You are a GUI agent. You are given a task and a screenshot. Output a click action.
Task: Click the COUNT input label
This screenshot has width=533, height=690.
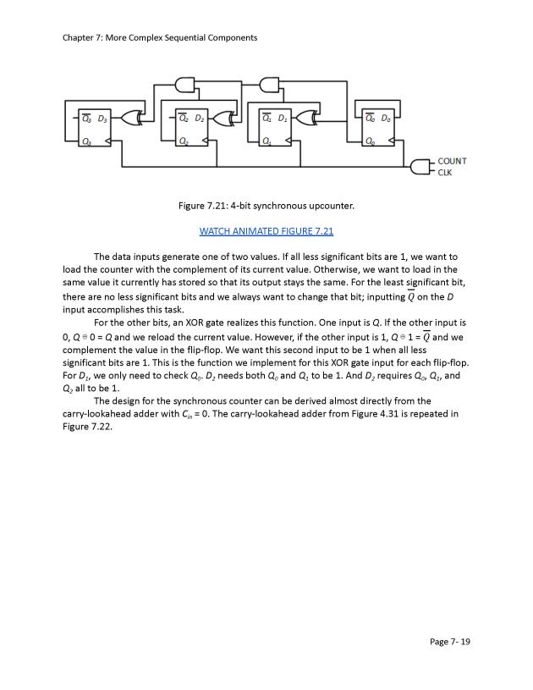pos(452,161)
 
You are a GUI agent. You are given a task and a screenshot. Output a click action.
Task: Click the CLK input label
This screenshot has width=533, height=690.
pos(445,172)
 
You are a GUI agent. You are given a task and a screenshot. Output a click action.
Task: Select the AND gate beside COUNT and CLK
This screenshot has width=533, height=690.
pos(419,167)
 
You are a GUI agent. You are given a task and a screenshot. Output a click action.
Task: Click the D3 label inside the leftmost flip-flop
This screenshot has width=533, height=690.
pos(103,118)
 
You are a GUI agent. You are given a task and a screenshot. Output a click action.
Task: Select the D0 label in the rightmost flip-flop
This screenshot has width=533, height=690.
pos(386,118)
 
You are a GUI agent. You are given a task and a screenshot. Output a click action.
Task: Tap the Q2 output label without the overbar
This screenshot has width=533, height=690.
pos(184,141)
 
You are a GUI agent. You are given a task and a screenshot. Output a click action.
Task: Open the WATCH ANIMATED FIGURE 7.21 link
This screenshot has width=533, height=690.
pos(266,231)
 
